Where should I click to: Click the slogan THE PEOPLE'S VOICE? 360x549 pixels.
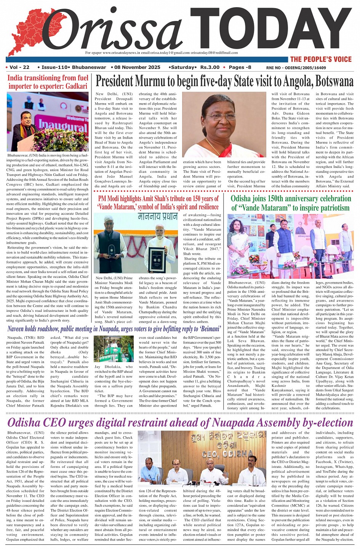(320, 59)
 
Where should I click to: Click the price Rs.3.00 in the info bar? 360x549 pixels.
(210, 67)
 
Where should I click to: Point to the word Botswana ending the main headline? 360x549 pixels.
(334, 81)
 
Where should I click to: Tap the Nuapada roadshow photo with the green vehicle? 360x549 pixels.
(113, 348)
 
